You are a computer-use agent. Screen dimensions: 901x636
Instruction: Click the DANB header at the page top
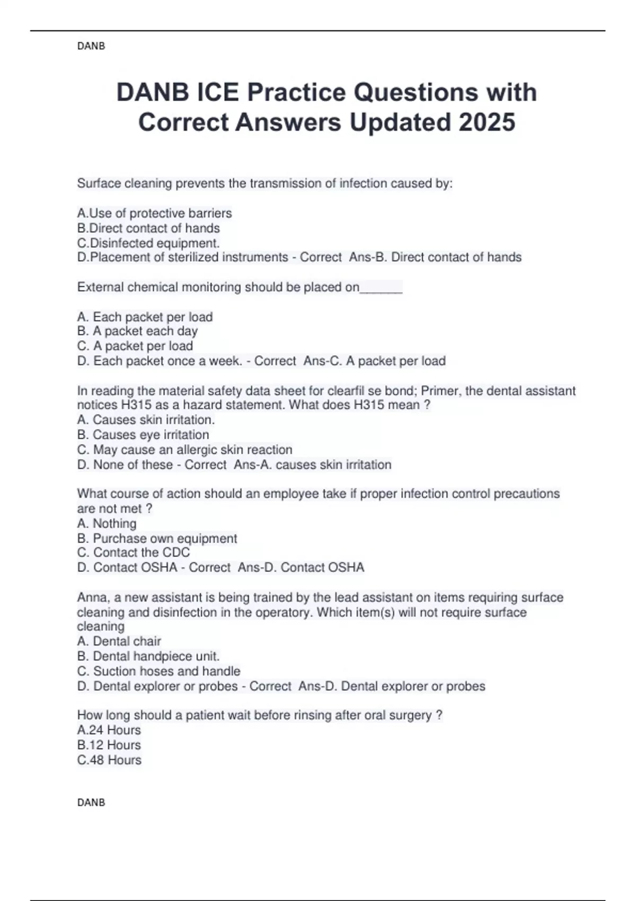[91, 46]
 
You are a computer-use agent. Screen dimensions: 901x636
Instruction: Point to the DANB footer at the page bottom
[91, 802]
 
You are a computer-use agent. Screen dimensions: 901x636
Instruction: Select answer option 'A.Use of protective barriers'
[154, 213]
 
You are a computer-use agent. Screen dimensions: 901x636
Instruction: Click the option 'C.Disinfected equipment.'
[148, 243]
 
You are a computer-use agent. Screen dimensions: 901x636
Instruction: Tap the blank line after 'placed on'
[381, 288]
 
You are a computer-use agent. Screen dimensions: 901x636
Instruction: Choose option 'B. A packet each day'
[137, 331]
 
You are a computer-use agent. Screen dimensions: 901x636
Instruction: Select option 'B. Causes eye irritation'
[143, 435]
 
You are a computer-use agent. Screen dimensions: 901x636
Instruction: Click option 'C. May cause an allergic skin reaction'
[184, 449]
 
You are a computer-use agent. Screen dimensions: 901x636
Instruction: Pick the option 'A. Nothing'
[107, 524]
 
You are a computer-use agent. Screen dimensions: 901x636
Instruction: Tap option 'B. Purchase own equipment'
[157, 538]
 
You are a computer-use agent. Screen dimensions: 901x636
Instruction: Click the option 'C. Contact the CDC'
[133, 552]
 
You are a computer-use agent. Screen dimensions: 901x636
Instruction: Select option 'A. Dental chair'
[119, 641]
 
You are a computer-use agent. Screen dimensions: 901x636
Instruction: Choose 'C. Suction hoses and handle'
[158, 671]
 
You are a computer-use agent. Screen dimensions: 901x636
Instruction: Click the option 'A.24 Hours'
[109, 730]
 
